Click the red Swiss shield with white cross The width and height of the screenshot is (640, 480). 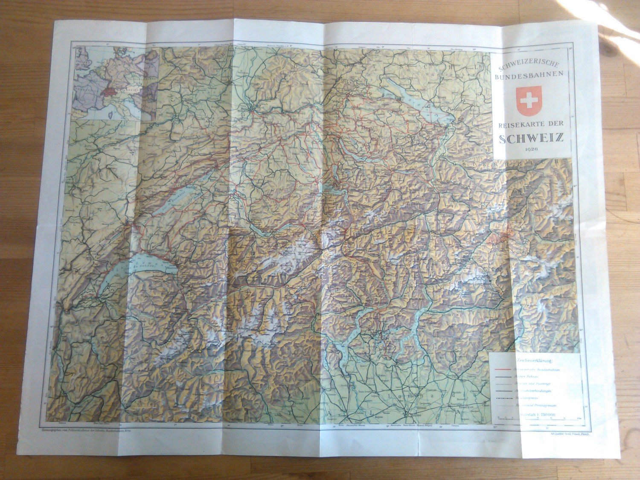(x=529, y=100)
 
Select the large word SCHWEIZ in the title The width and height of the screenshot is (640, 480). (x=532, y=138)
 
